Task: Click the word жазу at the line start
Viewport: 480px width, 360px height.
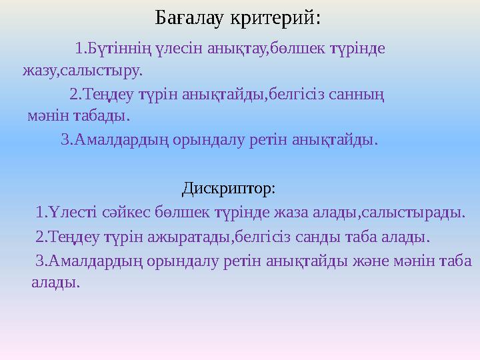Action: click(x=37, y=69)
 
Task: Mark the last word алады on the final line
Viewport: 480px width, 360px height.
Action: click(x=55, y=282)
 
